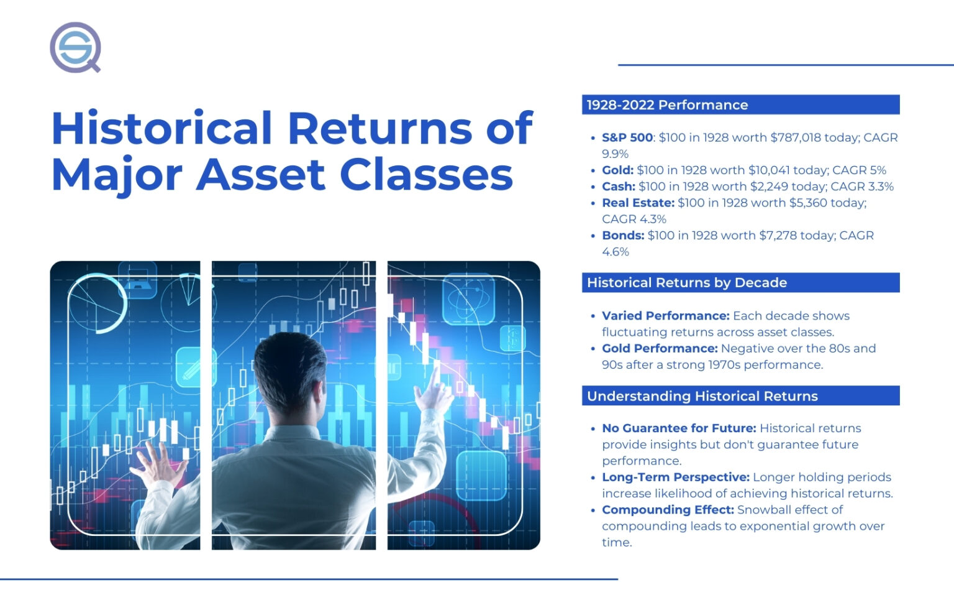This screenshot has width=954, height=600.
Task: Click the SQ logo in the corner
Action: coord(75,47)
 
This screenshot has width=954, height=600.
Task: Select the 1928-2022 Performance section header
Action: coord(667,105)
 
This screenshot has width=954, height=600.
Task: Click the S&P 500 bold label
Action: coord(627,137)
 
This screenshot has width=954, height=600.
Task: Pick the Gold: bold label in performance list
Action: coord(617,170)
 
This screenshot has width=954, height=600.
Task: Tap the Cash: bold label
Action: coord(618,187)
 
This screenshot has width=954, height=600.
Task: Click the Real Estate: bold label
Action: coord(638,203)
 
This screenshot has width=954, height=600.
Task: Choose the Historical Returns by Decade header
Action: coord(686,283)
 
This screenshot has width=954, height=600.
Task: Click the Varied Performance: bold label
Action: coord(665,316)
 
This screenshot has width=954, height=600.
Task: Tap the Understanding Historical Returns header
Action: coord(702,396)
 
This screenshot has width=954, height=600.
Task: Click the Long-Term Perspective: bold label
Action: coord(675,478)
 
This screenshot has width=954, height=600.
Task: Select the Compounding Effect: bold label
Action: coord(668,510)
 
